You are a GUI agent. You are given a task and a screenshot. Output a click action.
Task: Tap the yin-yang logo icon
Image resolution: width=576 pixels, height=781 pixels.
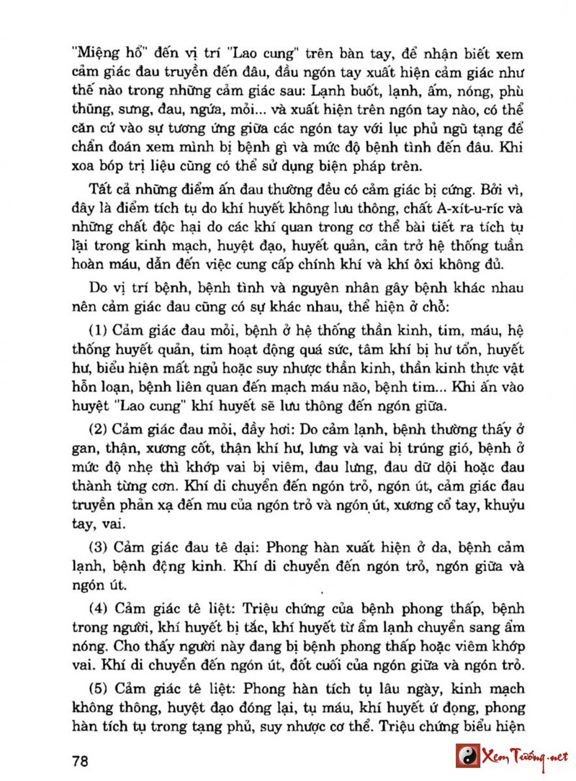coord(467,757)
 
